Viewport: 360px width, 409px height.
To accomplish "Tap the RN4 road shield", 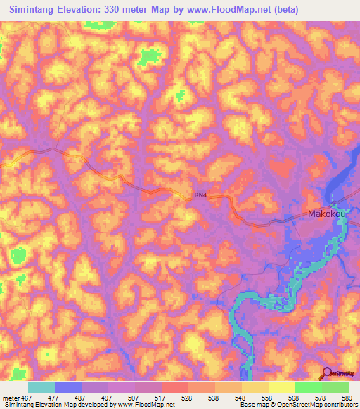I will click(x=201, y=196).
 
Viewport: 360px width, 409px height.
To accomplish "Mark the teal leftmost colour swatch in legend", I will click(x=41, y=387).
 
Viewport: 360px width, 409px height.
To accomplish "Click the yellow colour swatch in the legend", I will click(x=281, y=387).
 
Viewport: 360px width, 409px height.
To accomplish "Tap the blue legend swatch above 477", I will click(x=68, y=387).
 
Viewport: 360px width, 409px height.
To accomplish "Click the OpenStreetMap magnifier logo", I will click(x=328, y=373).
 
